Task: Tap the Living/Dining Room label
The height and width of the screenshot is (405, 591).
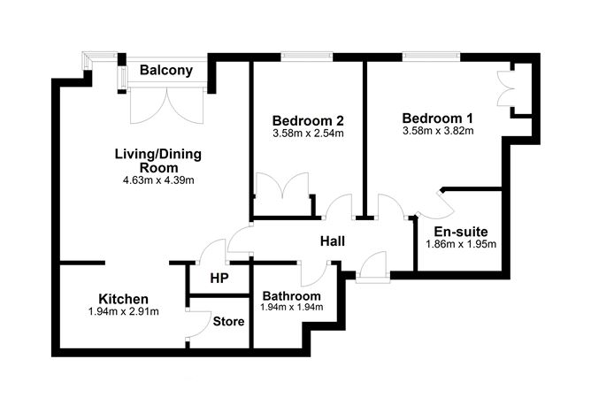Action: click(x=158, y=161)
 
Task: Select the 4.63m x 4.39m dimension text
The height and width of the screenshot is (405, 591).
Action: click(x=158, y=180)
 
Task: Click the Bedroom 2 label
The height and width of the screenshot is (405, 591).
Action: click(x=308, y=121)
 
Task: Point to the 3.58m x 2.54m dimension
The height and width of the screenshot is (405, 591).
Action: click(x=308, y=134)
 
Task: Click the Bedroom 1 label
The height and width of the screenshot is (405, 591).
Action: click(x=437, y=118)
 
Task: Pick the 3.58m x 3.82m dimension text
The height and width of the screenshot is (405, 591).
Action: click(x=437, y=132)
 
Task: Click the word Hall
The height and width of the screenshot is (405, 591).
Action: click(x=333, y=241)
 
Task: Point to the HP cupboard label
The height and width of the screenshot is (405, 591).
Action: click(x=219, y=278)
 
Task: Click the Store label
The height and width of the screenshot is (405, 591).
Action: click(x=228, y=322)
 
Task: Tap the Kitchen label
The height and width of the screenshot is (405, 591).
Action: click(x=123, y=299)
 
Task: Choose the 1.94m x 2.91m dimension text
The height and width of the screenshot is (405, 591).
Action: click(x=123, y=312)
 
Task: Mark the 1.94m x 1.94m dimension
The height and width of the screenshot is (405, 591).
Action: click(x=291, y=308)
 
